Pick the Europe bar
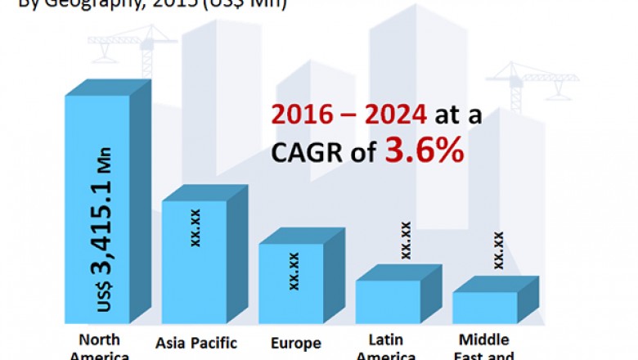click(x=290, y=282)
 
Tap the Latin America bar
click(x=387, y=301)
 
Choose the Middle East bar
click(x=484, y=307)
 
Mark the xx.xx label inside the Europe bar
click(x=293, y=270)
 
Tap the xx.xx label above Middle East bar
click(x=498, y=250)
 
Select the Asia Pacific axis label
click(x=195, y=343)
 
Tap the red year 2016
click(x=300, y=116)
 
